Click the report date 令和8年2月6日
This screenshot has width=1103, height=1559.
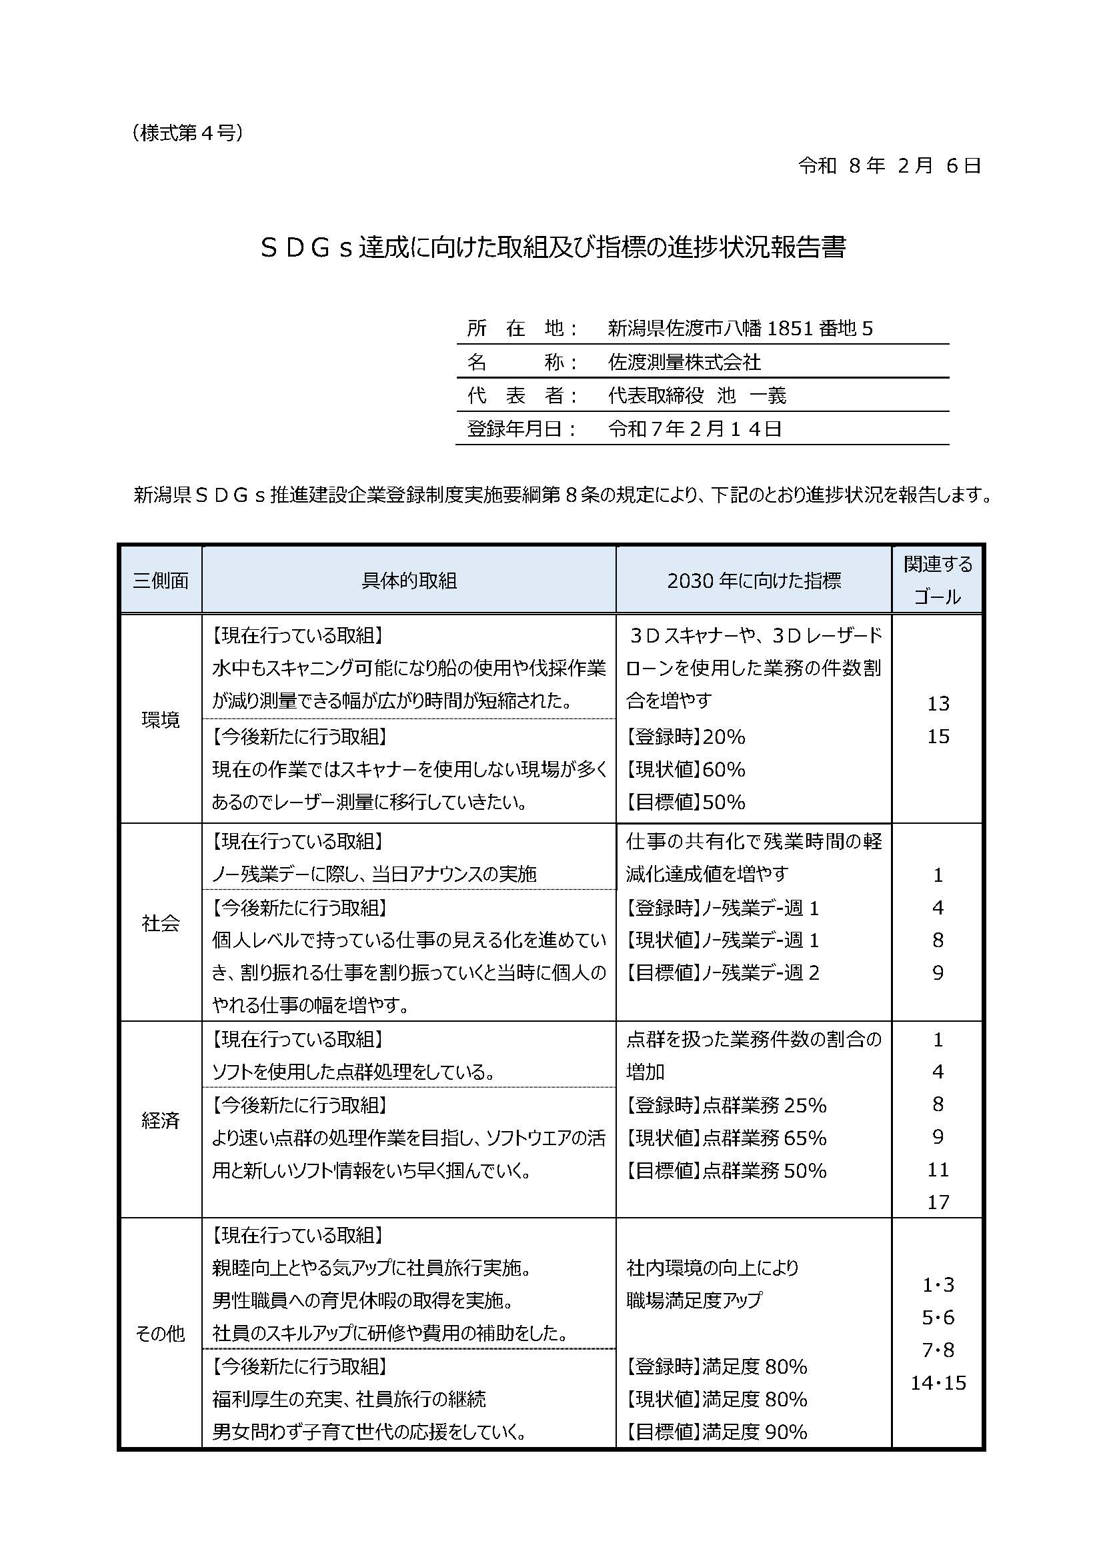(x=889, y=166)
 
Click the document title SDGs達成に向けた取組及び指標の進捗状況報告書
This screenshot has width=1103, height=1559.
(x=553, y=248)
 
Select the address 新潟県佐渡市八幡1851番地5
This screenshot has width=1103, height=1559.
(x=740, y=329)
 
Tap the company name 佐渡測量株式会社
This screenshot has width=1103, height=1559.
(x=684, y=362)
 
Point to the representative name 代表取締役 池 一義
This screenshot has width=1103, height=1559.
(x=697, y=395)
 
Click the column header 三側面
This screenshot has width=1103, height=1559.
(x=161, y=581)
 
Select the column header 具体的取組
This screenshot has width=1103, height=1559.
(x=409, y=581)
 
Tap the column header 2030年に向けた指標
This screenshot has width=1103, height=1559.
(x=754, y=581)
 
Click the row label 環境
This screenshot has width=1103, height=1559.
(x=161, y=720)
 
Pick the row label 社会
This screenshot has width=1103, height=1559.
(x=161, y=922)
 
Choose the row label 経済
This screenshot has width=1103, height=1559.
(x=161, y=1120)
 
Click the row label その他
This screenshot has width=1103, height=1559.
(x=161, y=1334)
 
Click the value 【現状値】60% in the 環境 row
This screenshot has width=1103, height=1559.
(x=686, y=769)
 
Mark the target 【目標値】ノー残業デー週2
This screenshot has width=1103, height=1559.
(x=723, y=973)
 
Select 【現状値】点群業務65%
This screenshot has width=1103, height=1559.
(x=726, y=1138)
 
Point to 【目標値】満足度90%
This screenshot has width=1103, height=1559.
(x=716, y=1432)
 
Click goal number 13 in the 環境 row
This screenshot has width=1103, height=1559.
(x=938, y=703)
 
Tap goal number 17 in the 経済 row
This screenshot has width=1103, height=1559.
(x=938, y=1202)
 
